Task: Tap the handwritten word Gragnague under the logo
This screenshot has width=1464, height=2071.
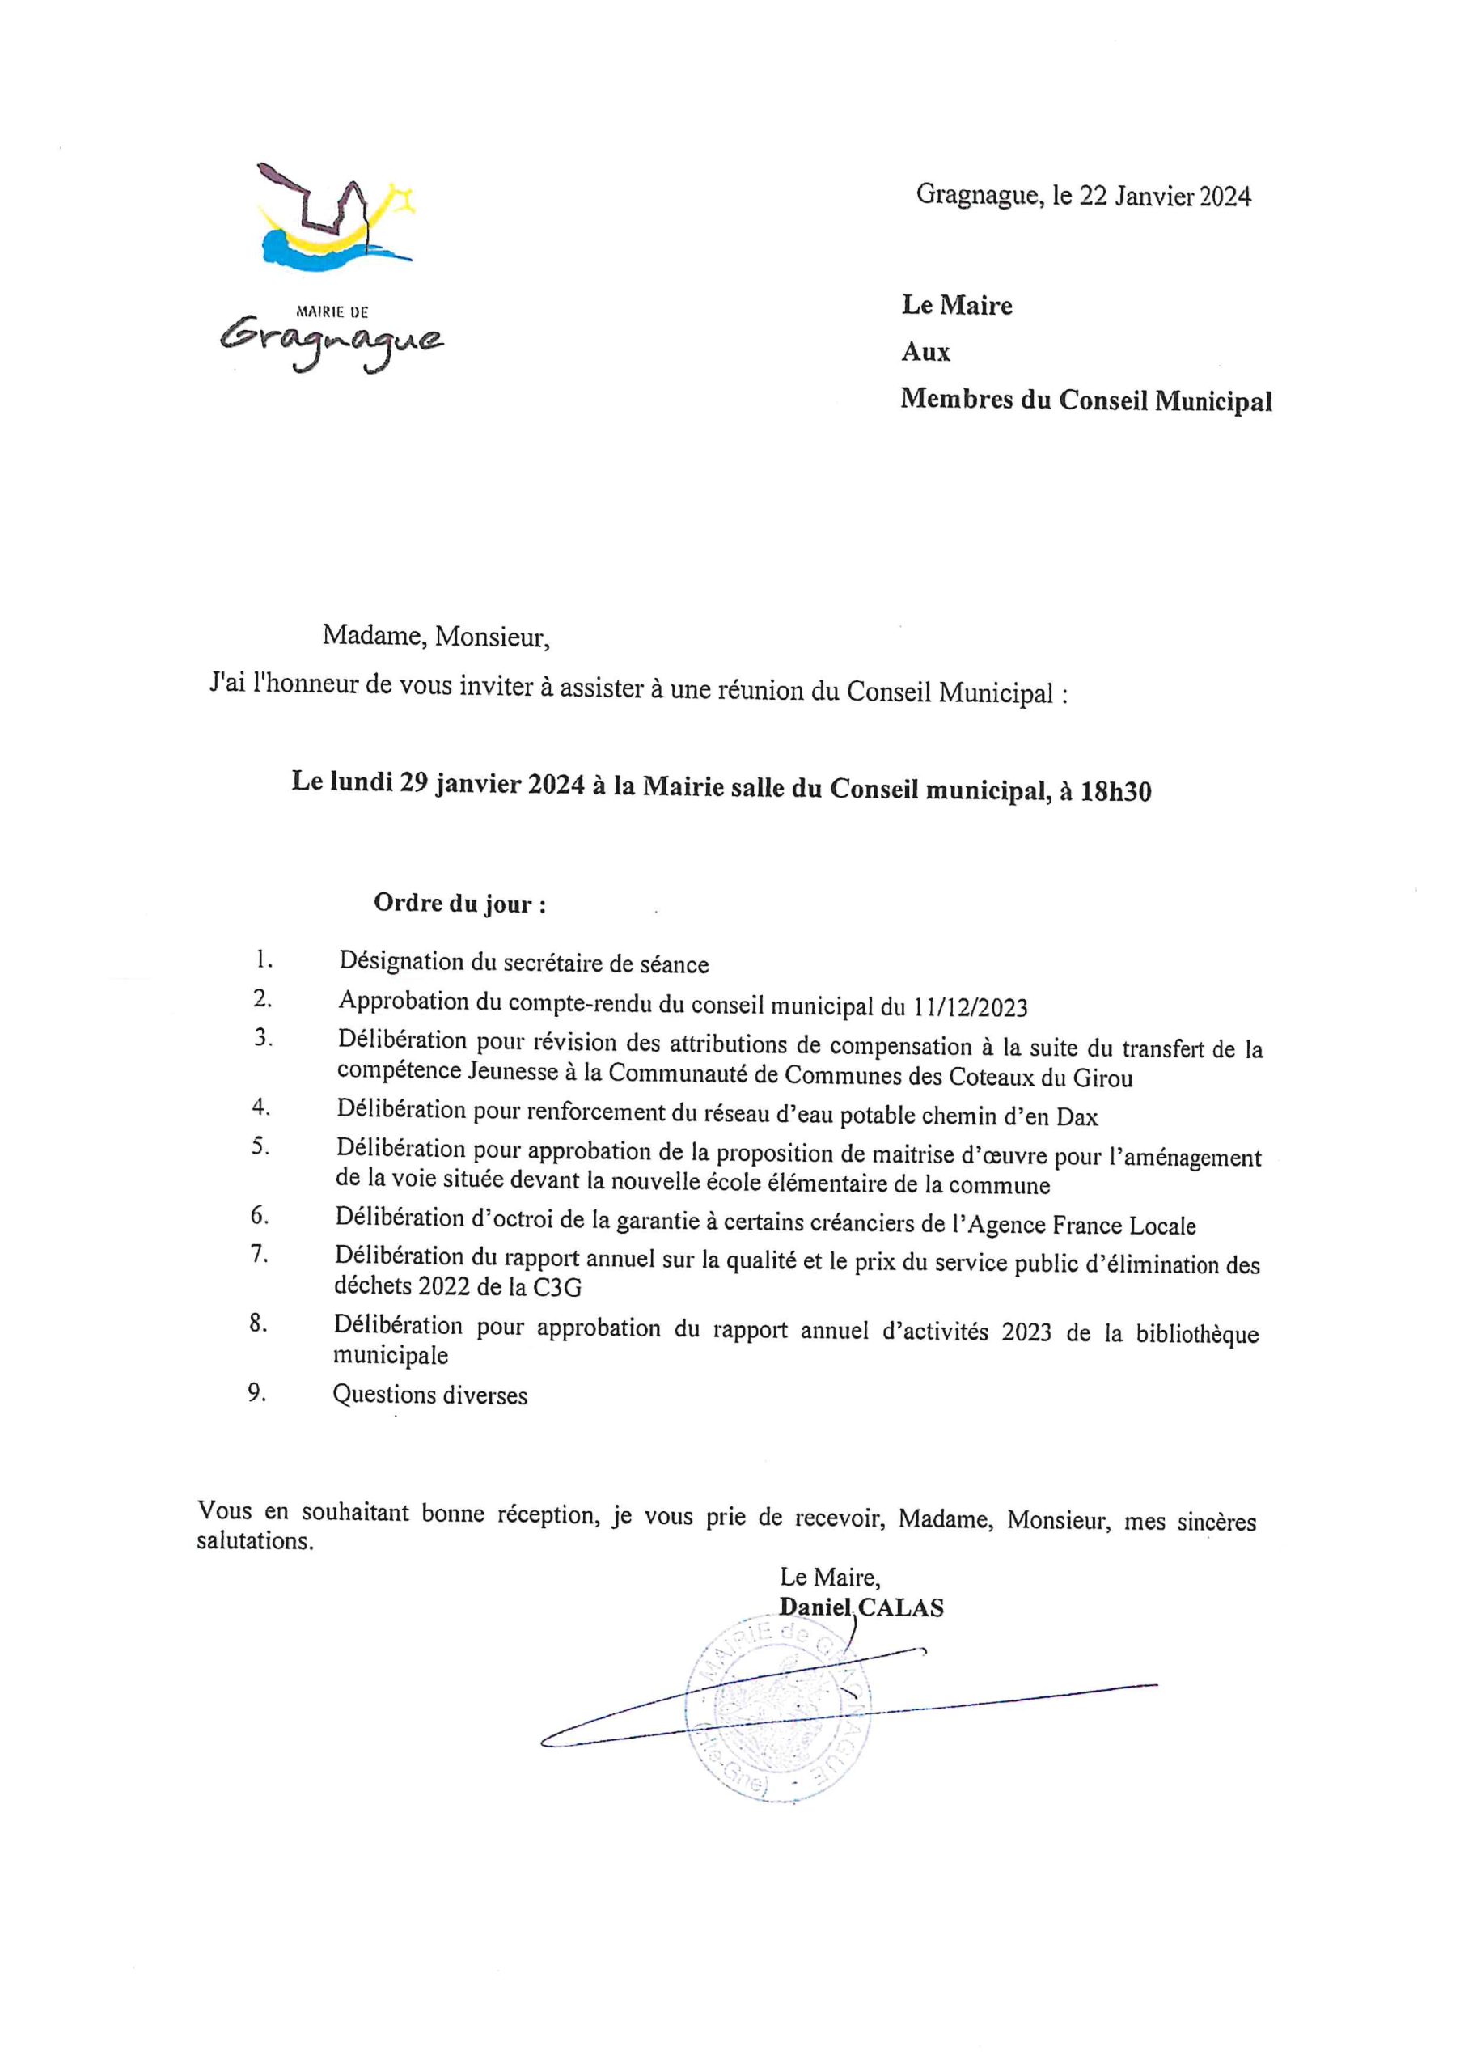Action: click(332, 340)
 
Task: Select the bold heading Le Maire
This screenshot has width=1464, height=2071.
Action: click(956, 306)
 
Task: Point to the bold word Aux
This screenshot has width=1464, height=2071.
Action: click(925, 353)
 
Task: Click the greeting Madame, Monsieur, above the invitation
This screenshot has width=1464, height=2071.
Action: click(436, 637)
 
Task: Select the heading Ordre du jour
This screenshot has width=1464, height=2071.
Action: click(460, 904)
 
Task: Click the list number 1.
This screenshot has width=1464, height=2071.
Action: click(264, 959)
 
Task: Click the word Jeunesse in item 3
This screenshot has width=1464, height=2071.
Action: click(519, 1073)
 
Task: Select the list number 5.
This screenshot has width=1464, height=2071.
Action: click(260, 1148)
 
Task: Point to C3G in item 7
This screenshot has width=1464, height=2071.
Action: click(555, 1287)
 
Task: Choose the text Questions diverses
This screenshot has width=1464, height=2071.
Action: click(430, 1395)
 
